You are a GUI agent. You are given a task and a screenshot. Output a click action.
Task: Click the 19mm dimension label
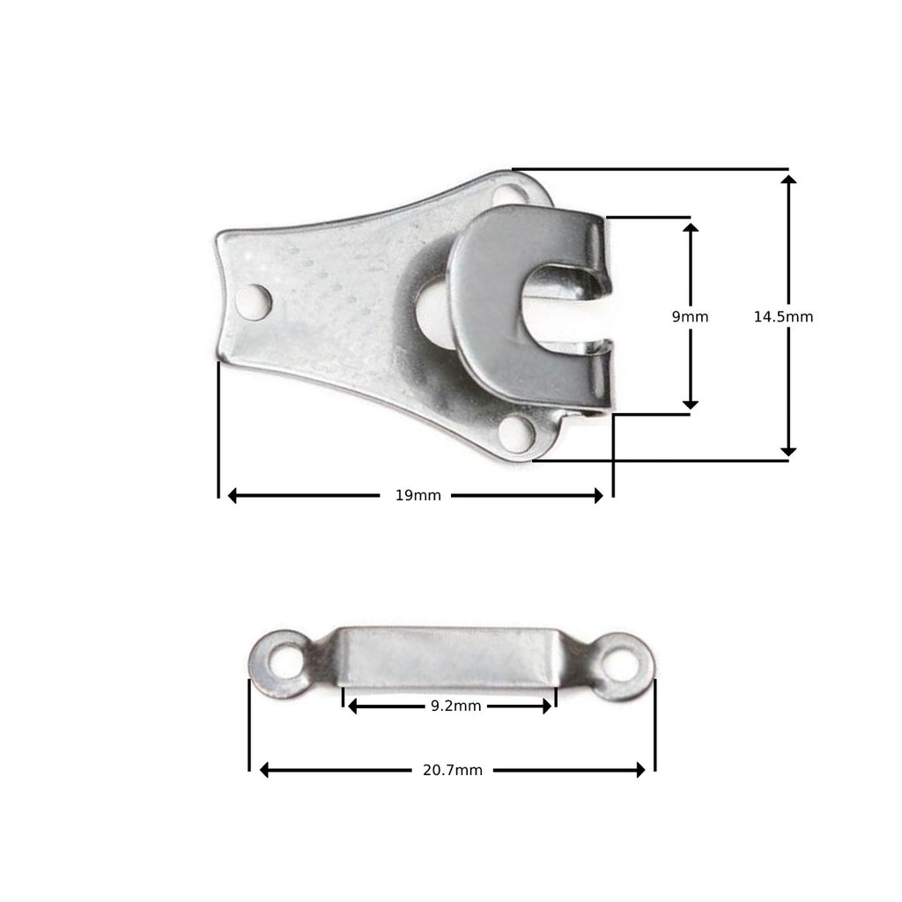pos(418,496)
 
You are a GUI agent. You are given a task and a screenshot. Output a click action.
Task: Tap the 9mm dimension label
pos(690,316)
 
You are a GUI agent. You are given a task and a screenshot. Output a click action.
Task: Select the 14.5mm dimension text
pos(783,316)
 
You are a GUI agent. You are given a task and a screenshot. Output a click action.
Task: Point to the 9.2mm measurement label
pos(455,706)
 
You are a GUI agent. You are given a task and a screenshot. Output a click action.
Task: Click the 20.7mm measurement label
pos(453,770)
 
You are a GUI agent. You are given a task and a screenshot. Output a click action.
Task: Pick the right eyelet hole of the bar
pos(620,665)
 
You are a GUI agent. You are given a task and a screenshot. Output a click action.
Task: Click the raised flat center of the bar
pos(449,655)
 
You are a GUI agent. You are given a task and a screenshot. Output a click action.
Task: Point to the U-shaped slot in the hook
pos(564,302)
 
